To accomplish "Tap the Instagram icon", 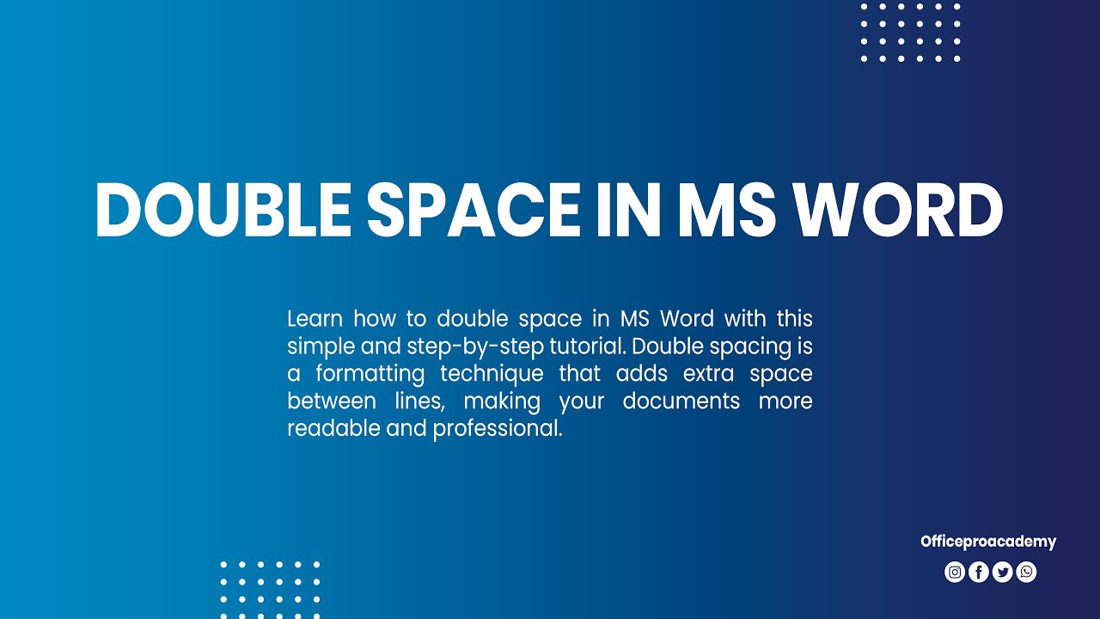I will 955,572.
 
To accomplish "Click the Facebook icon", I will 979,572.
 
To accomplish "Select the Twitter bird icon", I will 1002,572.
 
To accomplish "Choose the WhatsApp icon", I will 1026,572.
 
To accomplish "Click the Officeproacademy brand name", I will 988,542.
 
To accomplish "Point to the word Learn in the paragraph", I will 315,319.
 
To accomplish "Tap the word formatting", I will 370,374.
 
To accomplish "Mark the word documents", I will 681,401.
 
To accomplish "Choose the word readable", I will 333,428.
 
